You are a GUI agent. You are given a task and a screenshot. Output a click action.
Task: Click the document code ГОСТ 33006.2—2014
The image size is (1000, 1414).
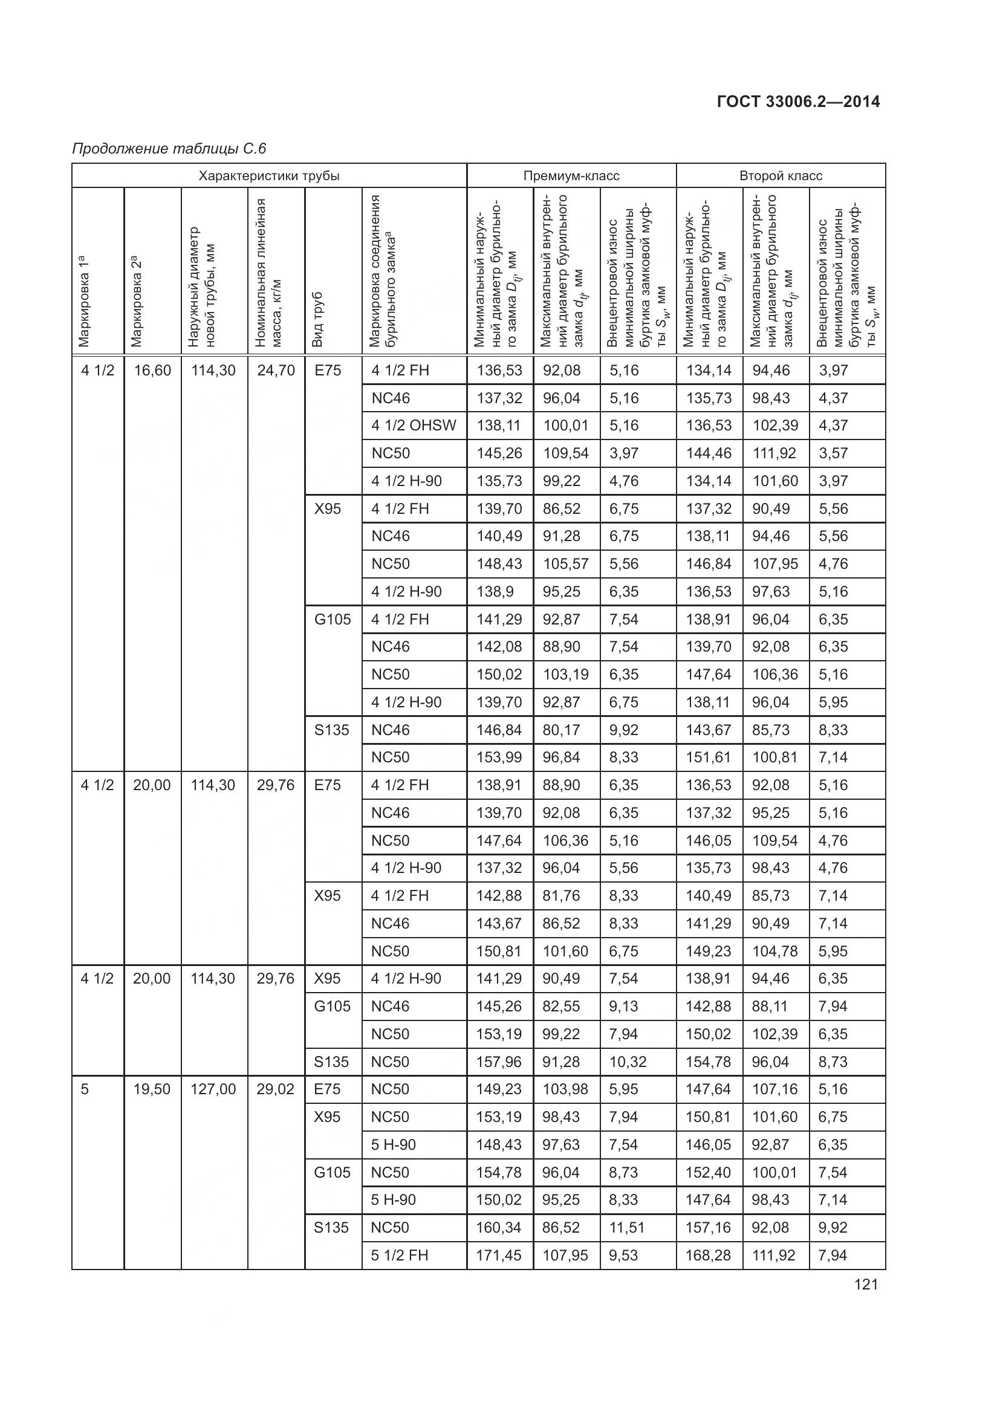pos(798,102)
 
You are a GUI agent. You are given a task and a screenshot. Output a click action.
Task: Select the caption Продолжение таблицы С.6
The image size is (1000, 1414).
pos(169,149)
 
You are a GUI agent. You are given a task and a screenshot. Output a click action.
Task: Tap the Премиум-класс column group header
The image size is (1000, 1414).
pos(571,176)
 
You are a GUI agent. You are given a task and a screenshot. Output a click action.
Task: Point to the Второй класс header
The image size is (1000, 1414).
pos(780,176)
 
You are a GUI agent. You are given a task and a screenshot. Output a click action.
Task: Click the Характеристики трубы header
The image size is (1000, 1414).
pos(268,176)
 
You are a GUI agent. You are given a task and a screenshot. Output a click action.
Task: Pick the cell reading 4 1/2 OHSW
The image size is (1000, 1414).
pos(413,426)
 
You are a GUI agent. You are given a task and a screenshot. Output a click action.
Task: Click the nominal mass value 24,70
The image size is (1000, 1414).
pos(275,371)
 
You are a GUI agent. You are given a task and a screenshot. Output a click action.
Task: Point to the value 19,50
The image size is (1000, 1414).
pos(152,1089)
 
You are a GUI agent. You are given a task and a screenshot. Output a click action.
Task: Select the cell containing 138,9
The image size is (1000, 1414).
pos(495,592)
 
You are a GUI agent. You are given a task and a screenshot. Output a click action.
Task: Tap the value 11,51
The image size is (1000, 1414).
pos(626,1227)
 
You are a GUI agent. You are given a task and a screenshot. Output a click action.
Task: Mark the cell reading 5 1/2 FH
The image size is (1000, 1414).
pos(399,1255)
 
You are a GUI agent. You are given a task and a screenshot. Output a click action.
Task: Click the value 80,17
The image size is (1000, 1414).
pos(561,730)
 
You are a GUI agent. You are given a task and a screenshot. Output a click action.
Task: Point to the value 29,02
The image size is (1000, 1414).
pos(275,1089)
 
